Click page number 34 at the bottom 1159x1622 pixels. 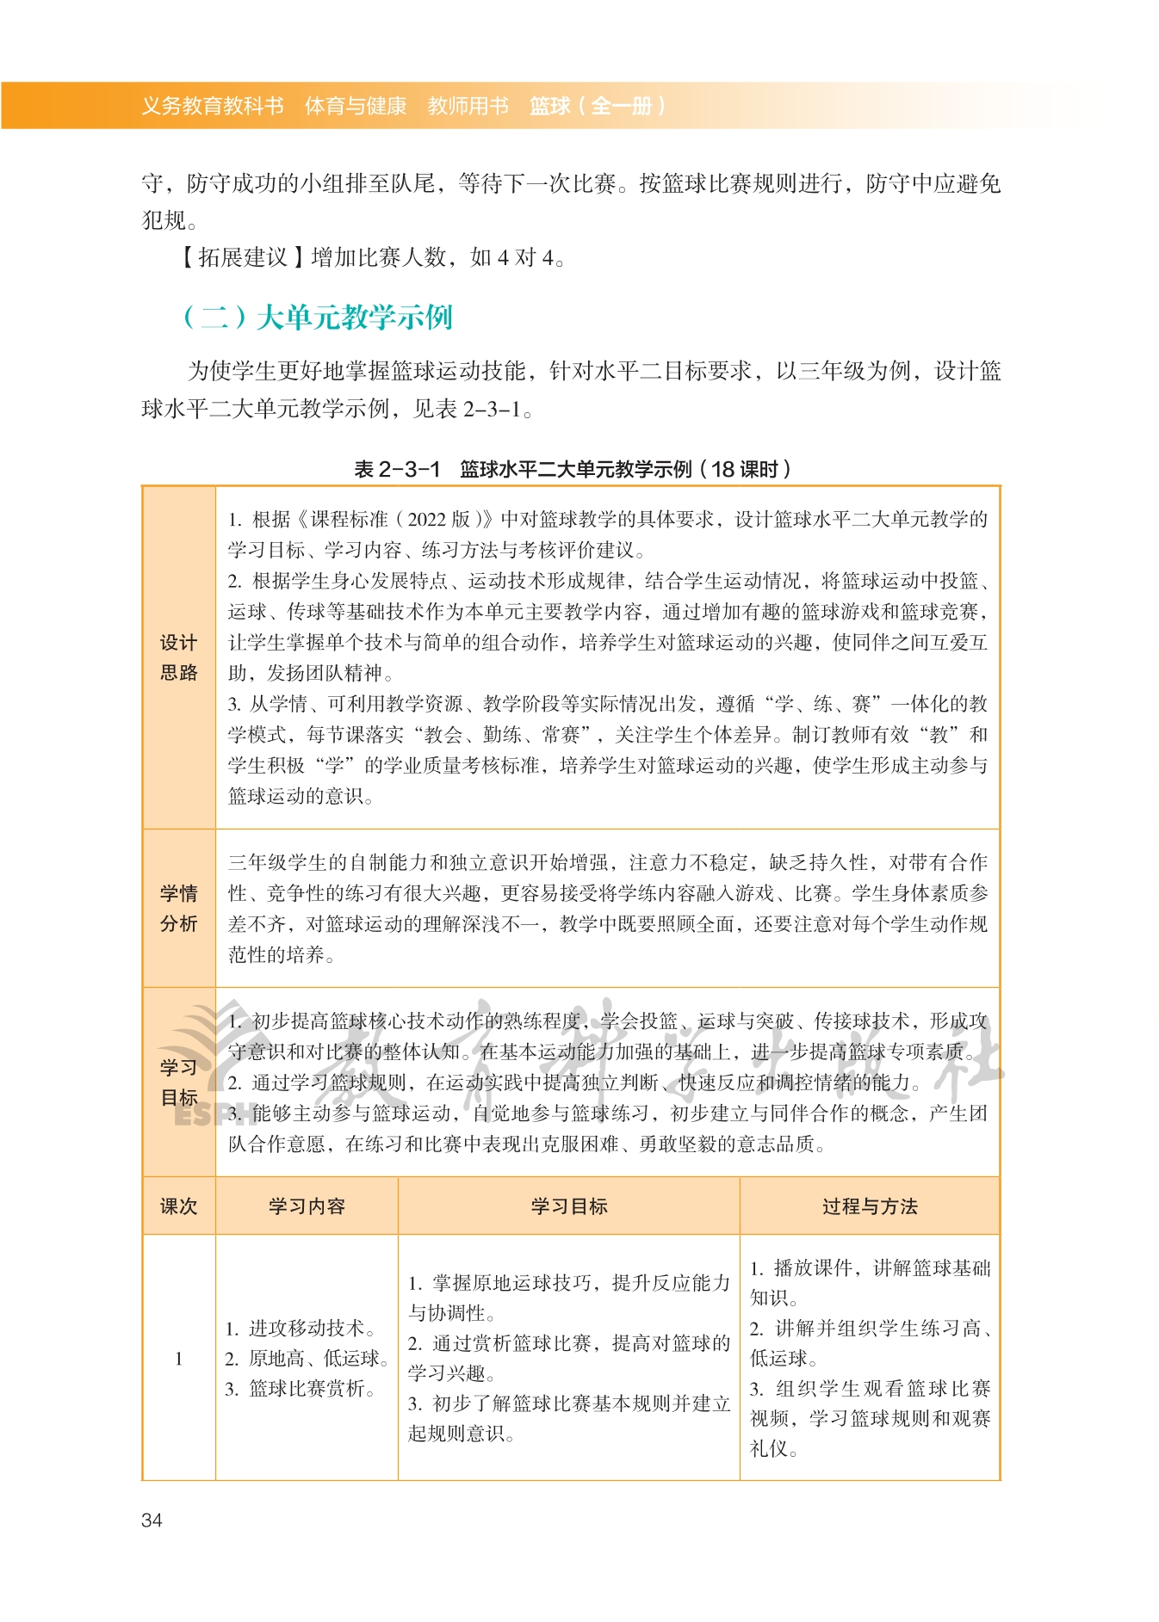pos(152,1520)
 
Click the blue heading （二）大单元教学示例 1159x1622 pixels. pos(317,318)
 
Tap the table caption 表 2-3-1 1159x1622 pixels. pos(397,469)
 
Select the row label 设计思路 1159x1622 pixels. pos(178,657)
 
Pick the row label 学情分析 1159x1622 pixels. pos(178,908)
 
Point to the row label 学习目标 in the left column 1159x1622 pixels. pos(178,1082)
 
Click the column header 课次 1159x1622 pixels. pos(178,1206)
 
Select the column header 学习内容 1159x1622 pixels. pos(307,1206)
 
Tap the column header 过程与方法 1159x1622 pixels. pos(870,1206)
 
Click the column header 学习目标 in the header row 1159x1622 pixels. pos(569,1206)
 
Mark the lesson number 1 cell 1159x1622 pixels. pos(178,1359)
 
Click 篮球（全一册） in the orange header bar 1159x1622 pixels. pos(598,106)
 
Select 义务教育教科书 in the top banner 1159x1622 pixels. pos(213,106)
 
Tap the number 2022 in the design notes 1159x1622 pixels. pos(426,520)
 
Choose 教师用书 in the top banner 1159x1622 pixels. pos(468,106)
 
